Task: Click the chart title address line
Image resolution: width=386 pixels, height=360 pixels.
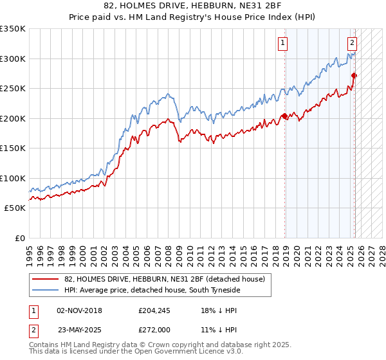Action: pyautogui.click(x=192, y=6)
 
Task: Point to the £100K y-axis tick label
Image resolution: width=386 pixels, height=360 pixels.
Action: pyautogui.click(x=13, y=178)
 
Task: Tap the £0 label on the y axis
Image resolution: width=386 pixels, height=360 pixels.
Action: pyautogui.click(x=19, y=238)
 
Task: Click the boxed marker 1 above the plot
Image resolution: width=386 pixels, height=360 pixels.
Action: pyautogui.click(x=282, y=44)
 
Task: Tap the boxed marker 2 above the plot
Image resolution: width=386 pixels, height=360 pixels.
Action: pyautogui.click(x=353, y=44)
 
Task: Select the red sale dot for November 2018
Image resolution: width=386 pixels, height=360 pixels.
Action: pyautogui.click(x=284, y=116)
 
